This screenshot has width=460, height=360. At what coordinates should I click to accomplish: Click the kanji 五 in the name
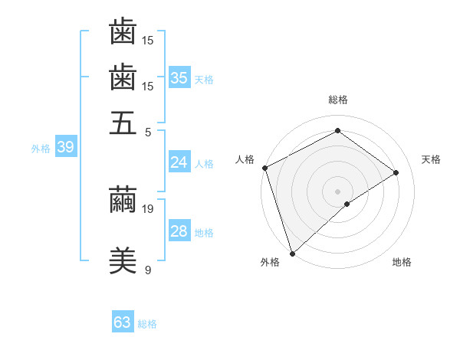click(123, 123)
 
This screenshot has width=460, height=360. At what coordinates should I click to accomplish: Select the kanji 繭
click(123, 199)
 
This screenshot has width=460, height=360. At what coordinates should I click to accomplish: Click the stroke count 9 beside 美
click(148, 270)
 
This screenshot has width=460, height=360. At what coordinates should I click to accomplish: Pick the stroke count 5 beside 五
click(148, 132)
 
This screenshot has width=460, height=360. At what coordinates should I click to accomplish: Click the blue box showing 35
click(179, 78)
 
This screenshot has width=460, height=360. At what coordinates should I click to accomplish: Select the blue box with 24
click(179, 162)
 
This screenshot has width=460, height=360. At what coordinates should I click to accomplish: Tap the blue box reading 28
click(179, 231)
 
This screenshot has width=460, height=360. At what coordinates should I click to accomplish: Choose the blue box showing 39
click(65, 148)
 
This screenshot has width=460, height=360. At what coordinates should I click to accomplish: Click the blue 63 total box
click(123, 322)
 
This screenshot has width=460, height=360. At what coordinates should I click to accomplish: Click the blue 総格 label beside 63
click(148, 324)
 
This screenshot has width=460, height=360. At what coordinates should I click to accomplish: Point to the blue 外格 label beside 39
click(41, 149)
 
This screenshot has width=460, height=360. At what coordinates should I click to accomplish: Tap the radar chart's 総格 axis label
click(338, 100)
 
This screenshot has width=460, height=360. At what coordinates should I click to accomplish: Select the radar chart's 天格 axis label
click(431, 159)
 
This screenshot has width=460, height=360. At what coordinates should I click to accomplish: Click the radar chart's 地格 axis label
click(402, 262)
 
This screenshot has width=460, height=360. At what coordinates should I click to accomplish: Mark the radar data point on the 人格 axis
click(264, 168)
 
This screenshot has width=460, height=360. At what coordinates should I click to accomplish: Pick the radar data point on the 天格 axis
click(396, 172)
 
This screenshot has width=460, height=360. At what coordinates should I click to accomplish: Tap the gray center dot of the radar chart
click(338, 191)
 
